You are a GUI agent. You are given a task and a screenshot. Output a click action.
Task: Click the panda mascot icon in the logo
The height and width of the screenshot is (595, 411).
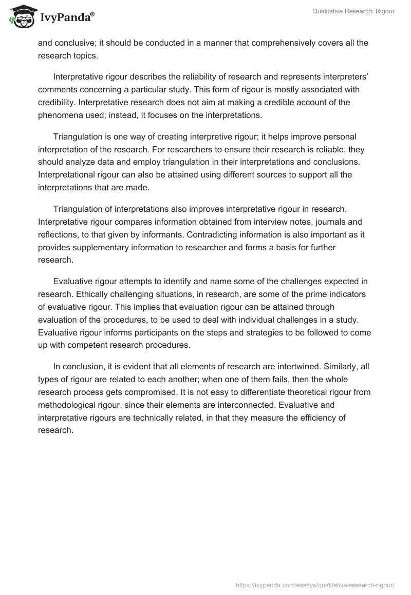point(21,16)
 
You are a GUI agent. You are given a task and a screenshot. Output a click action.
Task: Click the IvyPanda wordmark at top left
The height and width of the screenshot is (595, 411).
point(67,18)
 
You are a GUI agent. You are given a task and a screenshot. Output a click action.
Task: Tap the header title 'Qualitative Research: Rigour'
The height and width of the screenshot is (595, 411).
point(353,11)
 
